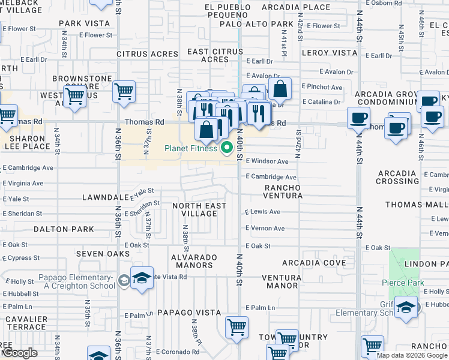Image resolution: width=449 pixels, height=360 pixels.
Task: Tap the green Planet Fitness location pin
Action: click(x=227, y=148)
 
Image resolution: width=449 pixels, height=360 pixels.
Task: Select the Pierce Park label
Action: click(x=403, y=283)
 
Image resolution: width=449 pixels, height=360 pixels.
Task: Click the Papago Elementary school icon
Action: click(x=142, y=279)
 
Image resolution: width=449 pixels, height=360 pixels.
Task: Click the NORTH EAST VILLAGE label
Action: click(x=199, y=209)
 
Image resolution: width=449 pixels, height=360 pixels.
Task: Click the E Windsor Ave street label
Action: click(x=267, y=161)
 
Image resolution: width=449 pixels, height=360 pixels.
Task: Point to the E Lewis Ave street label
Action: click(x=262, y=212)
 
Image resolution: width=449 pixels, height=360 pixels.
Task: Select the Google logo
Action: click(x=20, y=353)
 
